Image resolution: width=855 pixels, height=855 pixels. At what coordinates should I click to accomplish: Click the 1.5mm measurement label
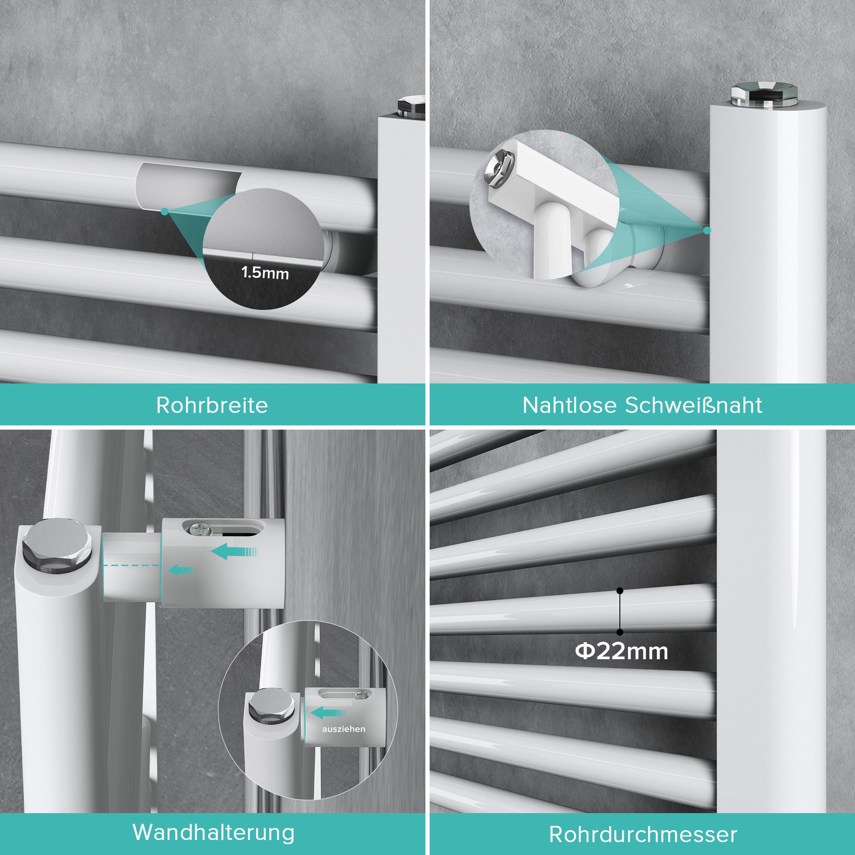point(265,273)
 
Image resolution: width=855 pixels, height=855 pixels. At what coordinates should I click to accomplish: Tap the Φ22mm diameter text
point(621,652)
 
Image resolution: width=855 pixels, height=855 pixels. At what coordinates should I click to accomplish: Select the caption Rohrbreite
point(212,405)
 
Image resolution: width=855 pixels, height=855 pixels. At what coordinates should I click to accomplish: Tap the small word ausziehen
point(344,729)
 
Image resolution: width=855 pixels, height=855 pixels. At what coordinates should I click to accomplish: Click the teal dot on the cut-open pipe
point(165,212)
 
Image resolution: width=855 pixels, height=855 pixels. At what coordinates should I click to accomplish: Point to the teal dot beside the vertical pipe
point(707,230)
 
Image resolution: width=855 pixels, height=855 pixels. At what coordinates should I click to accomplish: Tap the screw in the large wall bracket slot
point(198,528)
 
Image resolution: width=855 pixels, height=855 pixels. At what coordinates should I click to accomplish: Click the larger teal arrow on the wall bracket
point(234,552)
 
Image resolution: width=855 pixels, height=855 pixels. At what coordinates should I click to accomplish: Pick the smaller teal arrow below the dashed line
point(180,570)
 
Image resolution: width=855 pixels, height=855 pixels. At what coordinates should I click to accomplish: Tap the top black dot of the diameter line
point(620,591)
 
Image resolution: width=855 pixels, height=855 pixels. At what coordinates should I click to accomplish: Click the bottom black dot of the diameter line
point(620,632)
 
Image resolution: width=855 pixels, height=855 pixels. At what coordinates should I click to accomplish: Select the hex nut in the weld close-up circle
point(498,168)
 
